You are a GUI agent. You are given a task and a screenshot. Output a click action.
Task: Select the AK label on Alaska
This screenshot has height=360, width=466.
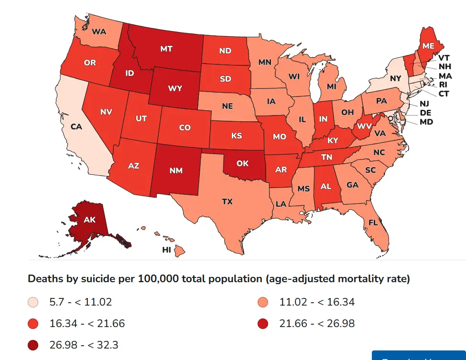(89, 220)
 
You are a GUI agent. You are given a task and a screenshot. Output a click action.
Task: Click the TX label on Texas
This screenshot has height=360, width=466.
(228, 202)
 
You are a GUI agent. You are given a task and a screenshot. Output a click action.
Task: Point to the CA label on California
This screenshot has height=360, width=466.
(76, 127)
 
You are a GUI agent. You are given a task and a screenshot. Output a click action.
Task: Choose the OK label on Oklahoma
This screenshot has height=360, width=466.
(242, 163)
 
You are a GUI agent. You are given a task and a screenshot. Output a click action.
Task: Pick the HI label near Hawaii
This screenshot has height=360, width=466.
(167, 250)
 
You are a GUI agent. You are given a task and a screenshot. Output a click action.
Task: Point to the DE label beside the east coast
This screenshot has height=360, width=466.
(425, 113)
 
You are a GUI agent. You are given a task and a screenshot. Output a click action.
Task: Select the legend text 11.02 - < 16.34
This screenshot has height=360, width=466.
(317, 302)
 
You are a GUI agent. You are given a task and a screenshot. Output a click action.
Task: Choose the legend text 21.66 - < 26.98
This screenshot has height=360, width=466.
(317, 323)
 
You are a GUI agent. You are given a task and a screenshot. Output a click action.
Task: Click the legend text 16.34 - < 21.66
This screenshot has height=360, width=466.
(87, 323)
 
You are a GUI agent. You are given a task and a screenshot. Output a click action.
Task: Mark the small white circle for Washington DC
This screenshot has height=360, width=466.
(390, 117)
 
